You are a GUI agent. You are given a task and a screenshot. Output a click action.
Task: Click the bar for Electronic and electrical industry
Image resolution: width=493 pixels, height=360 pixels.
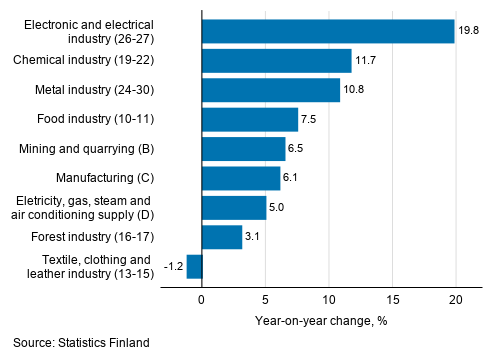[327, 31]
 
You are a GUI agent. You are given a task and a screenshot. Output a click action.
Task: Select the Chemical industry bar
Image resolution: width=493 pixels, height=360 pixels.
[276, 61]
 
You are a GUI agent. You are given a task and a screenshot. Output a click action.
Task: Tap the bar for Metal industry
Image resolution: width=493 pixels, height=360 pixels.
[270, 90]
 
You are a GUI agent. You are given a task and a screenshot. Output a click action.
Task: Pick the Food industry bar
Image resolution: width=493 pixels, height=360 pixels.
[249, 120]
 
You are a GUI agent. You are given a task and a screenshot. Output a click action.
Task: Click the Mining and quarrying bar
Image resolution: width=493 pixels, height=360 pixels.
[243, 149]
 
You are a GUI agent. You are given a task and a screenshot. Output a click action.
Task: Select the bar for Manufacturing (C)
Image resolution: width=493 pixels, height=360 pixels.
[240, 178]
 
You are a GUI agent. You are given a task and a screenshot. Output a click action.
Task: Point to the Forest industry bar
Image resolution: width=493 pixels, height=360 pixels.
[221, 237]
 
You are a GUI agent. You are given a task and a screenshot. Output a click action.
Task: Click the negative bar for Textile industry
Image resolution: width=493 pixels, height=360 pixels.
[194, 266]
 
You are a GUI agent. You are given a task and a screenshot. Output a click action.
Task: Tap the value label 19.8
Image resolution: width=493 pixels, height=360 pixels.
[469, 31]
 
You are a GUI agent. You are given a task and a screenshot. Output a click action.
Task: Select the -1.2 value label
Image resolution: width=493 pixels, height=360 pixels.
[171, 266]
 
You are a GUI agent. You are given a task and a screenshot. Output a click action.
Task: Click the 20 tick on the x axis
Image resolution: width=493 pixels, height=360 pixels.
[456, 300]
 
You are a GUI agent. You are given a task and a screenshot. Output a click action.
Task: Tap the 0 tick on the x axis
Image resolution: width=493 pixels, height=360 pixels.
[202, 300]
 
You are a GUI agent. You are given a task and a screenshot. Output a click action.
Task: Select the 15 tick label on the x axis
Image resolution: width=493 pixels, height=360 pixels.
[392, 300]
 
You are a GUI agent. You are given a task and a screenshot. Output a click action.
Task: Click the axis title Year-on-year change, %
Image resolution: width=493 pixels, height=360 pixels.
[328, 320]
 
